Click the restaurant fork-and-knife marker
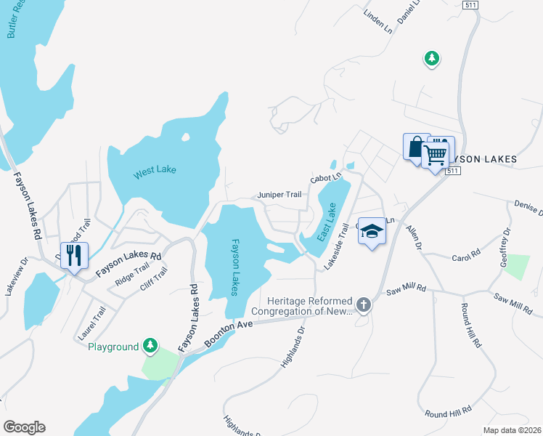coord(74,256)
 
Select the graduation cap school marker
coord(372,232)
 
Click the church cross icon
coord(364,306)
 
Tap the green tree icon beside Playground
coord(150,346)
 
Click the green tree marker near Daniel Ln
coord(432,58)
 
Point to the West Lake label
coord(155,172)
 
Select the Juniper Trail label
coord(279,195)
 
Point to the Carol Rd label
coord(466,257)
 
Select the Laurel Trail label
coord(92,323)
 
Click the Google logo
coord(24,427)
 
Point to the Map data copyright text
coord(512,430)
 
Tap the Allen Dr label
coord(413,237)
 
